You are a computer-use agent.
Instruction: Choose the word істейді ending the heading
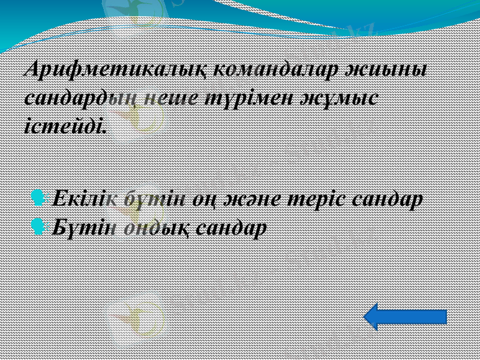(65, 125)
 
